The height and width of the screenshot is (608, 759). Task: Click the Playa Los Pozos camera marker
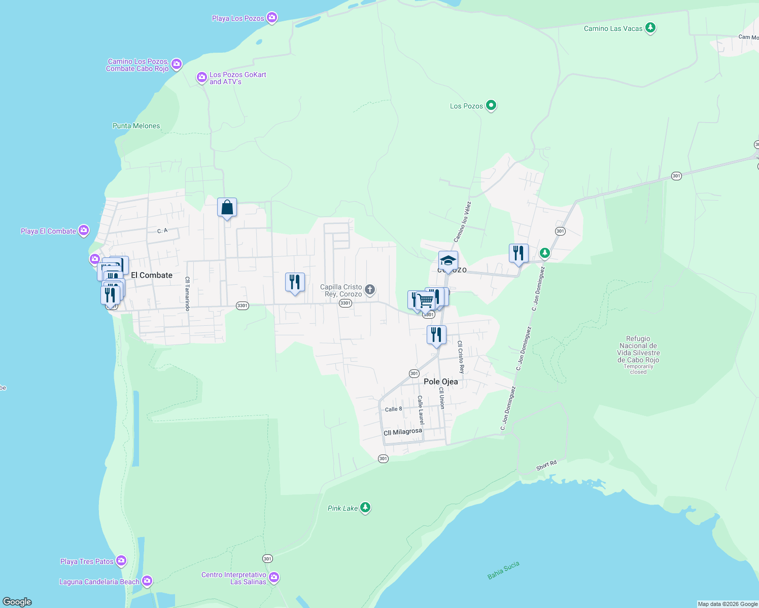272,18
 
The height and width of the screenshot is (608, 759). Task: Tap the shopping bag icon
227,207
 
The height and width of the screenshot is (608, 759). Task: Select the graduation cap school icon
448,261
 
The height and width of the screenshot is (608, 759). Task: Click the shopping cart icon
426,301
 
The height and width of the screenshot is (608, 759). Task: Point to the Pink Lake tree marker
365,508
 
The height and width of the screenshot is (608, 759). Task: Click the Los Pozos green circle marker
491,105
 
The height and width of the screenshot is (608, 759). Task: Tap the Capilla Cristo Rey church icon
370,290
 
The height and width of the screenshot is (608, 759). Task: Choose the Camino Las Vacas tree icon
650,28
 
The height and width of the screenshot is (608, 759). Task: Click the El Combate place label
152,275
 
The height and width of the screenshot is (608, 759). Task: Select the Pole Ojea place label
440,382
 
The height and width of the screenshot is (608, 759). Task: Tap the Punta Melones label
136,126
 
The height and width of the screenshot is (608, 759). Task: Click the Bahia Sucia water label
503,570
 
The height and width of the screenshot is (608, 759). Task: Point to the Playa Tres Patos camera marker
121,560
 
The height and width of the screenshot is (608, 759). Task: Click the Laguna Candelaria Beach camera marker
147,581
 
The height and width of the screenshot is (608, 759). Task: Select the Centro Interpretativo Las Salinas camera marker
274,577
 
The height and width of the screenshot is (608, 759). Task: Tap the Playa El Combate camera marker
84,231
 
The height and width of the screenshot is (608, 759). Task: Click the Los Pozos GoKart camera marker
201,78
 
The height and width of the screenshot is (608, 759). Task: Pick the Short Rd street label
546,465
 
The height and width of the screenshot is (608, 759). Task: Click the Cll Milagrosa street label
403,432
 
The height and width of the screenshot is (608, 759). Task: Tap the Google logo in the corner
17,602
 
